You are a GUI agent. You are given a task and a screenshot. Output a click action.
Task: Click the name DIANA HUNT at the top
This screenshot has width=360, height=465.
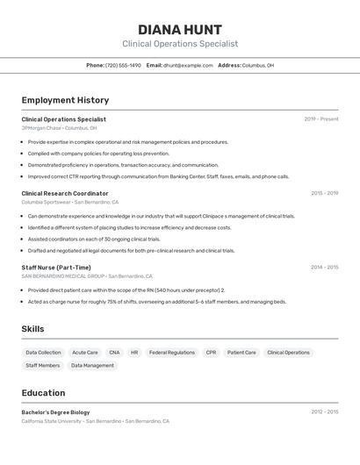tap(179, 29)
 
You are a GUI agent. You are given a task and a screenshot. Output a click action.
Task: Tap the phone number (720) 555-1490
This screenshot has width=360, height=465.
tap(123, 65)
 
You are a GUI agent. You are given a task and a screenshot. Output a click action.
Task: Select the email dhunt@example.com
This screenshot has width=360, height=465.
tap(188, 65)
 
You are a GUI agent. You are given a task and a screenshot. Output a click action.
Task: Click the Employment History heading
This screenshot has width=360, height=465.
tap(65, 100)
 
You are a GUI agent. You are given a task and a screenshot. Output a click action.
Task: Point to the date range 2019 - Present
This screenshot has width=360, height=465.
tap(321, 119)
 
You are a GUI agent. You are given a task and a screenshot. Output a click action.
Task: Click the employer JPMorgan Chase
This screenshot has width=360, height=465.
tap(41, 128)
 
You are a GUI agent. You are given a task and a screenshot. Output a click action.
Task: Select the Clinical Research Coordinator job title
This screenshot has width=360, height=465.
tap(65, 193)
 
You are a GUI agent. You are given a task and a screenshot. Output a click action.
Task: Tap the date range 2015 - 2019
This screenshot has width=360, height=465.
tap(324, 193)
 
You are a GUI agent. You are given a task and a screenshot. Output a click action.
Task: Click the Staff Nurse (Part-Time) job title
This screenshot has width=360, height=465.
tap(56, 267)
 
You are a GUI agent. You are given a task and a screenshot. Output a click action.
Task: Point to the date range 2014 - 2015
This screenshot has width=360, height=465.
tap(324, 267)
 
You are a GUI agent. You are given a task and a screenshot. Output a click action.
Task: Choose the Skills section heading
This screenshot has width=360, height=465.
tap(33, 329)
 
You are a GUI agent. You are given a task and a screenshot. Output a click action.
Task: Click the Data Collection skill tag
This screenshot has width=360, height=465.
tap(43, 353)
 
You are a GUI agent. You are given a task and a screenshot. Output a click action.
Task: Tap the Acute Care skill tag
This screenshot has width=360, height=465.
tap(85, 353)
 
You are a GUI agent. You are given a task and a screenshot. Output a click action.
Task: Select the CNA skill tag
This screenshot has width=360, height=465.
tap(114, 353)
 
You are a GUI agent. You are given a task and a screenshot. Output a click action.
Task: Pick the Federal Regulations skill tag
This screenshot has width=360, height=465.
tap(172, 353)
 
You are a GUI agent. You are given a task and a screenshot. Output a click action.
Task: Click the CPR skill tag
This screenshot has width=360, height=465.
tap(211, 353)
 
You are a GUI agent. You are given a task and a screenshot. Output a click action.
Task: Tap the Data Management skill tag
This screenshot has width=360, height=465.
tap(92, 365)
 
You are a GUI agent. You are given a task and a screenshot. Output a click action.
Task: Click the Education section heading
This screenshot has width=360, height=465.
tap(43, 393)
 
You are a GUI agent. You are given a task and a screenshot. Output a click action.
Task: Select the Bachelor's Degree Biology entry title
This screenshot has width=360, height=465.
tap(55, 411)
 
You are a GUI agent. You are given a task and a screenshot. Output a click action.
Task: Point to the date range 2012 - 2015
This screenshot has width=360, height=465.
tap(324, 411)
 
